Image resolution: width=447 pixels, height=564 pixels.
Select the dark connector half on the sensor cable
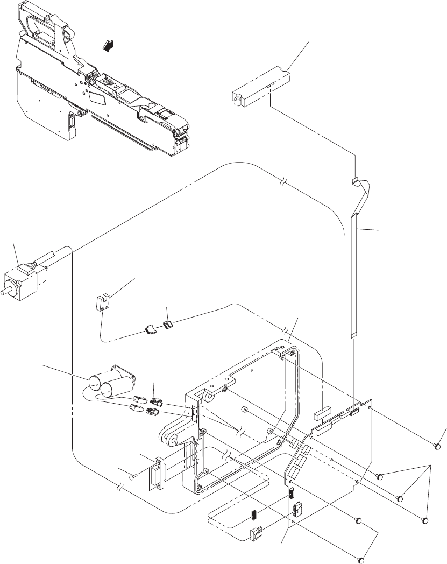point(169,324)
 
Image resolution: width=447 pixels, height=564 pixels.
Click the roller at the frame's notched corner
point(207,397)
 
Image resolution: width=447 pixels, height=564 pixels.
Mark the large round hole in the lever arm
point(174,441)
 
